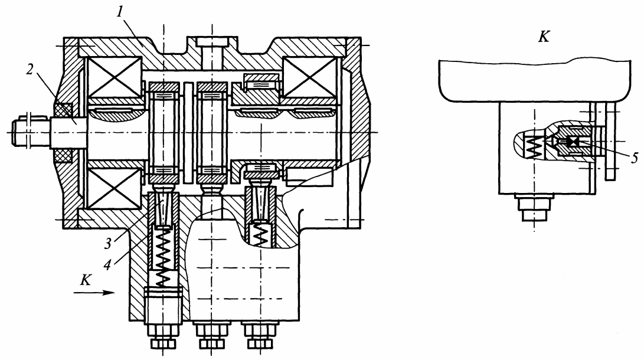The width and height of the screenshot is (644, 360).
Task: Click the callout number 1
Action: [120, 13]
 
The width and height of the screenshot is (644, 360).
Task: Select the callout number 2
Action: [30, 70]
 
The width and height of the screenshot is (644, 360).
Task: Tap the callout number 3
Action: [107, 244]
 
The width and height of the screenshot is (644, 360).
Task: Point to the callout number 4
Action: [107, 265]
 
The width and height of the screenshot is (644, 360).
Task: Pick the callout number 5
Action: [635, 158]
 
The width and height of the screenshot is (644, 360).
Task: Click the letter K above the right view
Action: [544, 37]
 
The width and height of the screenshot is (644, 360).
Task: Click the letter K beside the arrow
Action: [86, 280]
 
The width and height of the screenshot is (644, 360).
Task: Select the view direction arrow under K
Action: [94, 292]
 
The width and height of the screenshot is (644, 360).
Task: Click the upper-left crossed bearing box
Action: [113, 77]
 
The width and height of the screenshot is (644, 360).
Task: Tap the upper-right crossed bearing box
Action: [309, 77]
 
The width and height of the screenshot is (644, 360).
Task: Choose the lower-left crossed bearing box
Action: [113, 188]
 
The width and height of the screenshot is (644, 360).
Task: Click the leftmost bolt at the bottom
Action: [163, 336]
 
